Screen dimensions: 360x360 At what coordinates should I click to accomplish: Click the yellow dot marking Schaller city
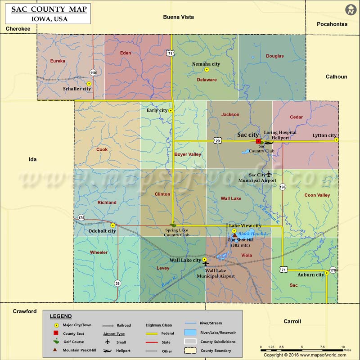[x=89, y=84]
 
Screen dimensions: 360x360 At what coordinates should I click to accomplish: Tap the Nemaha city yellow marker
[x=207, y=70]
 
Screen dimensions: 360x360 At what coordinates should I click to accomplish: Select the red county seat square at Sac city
[x=258, y=141]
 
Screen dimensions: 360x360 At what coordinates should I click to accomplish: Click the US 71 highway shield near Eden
[x=170, y=53]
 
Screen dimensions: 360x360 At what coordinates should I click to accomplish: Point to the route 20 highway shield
[x=218, y=140]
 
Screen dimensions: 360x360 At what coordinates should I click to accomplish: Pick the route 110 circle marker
[x=93, y=72]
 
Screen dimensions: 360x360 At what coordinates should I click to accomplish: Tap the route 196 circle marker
[x=282, y=186]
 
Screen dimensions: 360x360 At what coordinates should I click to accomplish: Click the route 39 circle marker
[x=117, y=283]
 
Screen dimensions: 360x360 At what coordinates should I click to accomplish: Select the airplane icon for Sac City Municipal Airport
[x=269, y=174]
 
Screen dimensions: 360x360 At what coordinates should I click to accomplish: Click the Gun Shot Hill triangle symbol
[x=234, y=235]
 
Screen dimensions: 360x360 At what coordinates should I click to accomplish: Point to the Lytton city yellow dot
[x=336, y=140]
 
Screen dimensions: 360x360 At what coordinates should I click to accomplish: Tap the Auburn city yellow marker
[x=327, y=272]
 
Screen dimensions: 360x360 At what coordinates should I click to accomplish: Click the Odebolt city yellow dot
[x=113, y=225]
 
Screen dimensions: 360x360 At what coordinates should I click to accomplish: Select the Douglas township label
[x=274, y=56]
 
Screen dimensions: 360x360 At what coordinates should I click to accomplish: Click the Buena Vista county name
[x=178, y=17]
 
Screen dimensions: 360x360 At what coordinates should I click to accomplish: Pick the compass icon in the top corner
[x=350, y=10]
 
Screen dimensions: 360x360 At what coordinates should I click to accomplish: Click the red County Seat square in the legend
[x=56, y=333]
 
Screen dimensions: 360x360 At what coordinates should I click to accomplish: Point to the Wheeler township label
[x=99, y=252]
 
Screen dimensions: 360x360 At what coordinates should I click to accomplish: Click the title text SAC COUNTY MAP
[x=49, y=9]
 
